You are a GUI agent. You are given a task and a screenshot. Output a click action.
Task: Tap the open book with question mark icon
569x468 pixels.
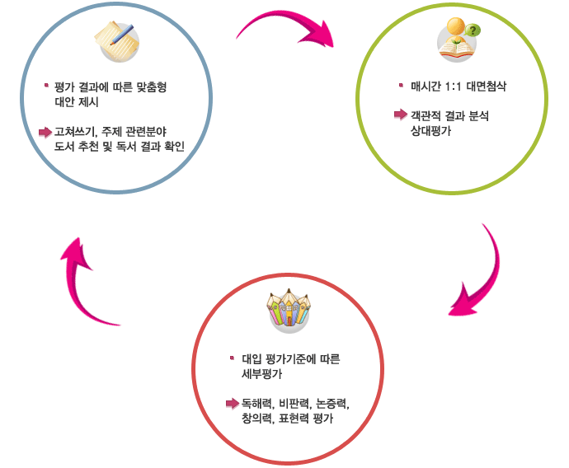457,41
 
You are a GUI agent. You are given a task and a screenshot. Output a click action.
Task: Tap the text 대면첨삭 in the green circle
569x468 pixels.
491,86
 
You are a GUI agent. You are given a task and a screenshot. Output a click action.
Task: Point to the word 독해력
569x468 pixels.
256,404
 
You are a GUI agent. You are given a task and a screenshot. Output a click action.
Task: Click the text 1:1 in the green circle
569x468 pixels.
454,86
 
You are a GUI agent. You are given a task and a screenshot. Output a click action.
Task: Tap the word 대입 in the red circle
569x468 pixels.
252,360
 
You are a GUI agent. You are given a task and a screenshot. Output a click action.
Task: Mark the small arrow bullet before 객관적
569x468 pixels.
400,115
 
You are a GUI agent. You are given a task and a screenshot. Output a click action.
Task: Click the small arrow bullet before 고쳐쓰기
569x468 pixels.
45,132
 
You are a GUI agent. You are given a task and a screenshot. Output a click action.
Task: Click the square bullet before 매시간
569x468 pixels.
401,84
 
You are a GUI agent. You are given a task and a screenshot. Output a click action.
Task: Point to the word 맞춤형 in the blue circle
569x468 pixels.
159,87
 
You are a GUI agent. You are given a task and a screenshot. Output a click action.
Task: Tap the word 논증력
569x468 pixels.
332,404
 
